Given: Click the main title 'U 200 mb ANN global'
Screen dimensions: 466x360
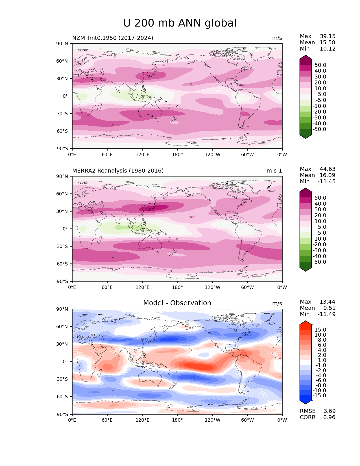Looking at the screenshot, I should (x=180, y=23).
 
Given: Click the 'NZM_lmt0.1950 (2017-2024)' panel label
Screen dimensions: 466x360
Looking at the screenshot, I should (x=113, y=38).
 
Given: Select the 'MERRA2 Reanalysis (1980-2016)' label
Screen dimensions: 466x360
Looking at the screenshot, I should (x=118, y=171).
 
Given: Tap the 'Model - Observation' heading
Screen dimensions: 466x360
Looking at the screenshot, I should (x=177, y=303).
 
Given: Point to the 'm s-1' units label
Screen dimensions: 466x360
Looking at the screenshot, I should (x=274, y=171).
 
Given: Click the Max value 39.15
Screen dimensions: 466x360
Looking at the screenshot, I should (x=328, y=36).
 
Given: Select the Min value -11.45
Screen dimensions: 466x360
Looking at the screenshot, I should (x=326, y=181).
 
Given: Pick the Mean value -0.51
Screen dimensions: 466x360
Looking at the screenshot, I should (x=328, y=308).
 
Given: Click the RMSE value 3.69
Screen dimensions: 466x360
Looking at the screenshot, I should (x=329, y=411).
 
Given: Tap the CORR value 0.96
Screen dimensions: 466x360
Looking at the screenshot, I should (x=329, y=417).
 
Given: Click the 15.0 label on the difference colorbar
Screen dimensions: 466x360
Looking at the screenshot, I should (x=320, y=330).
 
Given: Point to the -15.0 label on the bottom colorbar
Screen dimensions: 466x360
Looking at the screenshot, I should (x=319, y=395).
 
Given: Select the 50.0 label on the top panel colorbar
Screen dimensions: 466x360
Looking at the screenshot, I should (x=320, y=65).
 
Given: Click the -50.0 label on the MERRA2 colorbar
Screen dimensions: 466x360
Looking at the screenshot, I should (x=319, y=262).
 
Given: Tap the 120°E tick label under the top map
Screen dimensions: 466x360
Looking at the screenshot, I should (x=142, y=154).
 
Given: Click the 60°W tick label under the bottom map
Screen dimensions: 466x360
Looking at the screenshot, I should (x=247, y=420).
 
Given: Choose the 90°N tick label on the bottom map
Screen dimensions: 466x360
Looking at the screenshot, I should (x=62, y=309).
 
